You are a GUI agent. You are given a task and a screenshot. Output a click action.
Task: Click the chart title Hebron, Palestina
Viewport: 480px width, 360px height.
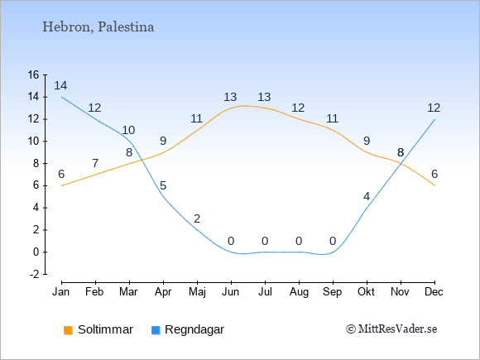coord(98,27)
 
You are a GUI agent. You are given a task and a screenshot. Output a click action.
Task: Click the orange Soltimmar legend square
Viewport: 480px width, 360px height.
coord(68,330)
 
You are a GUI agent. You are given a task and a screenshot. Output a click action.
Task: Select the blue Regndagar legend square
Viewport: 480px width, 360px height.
coord(156,330)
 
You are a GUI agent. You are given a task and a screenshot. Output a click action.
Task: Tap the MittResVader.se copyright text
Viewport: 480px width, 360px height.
coord(391,329)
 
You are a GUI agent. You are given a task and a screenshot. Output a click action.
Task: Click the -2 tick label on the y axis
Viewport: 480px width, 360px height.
coord(34,274)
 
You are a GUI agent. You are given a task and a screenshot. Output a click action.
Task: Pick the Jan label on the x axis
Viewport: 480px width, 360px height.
coord(61,292)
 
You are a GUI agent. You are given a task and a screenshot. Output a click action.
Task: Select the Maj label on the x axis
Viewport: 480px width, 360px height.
coord(197,292)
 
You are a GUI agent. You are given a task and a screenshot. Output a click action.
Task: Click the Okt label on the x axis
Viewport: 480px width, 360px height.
coord(366,292)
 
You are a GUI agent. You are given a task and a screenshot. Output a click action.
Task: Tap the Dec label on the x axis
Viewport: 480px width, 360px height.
coord(434,292)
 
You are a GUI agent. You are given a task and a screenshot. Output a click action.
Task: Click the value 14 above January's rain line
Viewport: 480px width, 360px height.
coord(60,85)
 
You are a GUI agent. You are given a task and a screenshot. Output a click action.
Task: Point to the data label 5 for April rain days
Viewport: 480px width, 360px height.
coord(163,185)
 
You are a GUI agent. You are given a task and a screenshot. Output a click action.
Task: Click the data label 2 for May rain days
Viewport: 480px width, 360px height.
coord(197,218)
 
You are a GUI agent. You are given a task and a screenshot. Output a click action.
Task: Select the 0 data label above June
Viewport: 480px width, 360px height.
coord(231,241)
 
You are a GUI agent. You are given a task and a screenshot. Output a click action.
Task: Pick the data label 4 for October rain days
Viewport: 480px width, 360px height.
coord(367,196)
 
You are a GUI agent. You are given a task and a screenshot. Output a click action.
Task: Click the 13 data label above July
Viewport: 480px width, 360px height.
coord(264,97)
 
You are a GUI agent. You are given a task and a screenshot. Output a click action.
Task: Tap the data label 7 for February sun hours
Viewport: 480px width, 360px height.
coord(95,163)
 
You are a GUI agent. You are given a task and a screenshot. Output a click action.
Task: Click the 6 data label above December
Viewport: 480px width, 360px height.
coord(434,174)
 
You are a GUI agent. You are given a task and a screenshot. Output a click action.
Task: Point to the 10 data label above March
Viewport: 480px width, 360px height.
coord(128,130)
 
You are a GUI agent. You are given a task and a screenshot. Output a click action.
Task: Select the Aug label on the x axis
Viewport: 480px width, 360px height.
coord(299,292)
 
